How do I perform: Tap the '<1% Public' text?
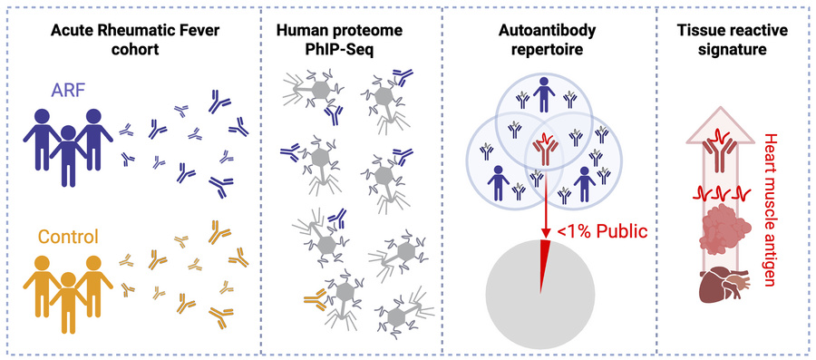tap(601, 230)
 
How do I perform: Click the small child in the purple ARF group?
tap(69, 155)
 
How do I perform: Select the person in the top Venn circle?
tap(544, 94)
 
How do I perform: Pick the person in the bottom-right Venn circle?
tap(586, 182)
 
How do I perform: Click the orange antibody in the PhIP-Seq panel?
tap(314, 298)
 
